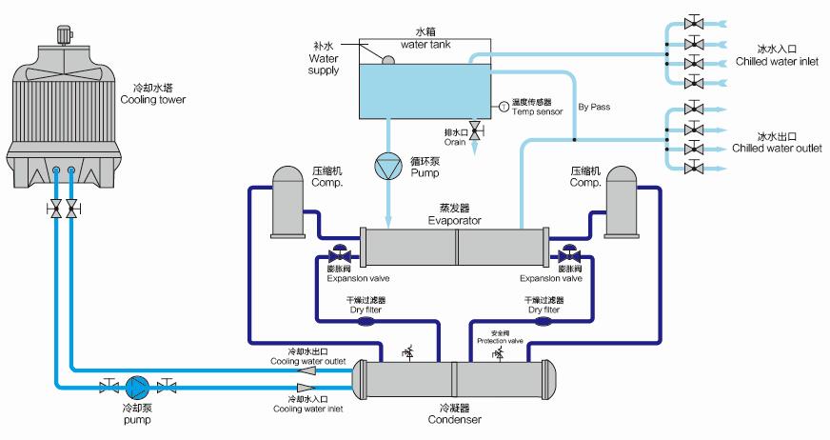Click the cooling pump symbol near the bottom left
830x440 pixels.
pyautogui.click(x=135, y=387)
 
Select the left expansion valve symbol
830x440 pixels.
pyautogui.click(x=336, y=256)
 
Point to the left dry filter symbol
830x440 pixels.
pyautogui.click(x=366, y=321)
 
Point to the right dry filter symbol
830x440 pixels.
pyautogui.click(x=544, y=321)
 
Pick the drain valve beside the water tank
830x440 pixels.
pyautogui.click(x=475, y=130)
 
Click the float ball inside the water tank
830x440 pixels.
pyautogui.click(x=387, y=60)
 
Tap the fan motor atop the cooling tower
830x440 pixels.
pyautogui.click(x=66, y=34)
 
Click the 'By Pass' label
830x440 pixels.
pyautogui.click(x=594, y=107)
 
